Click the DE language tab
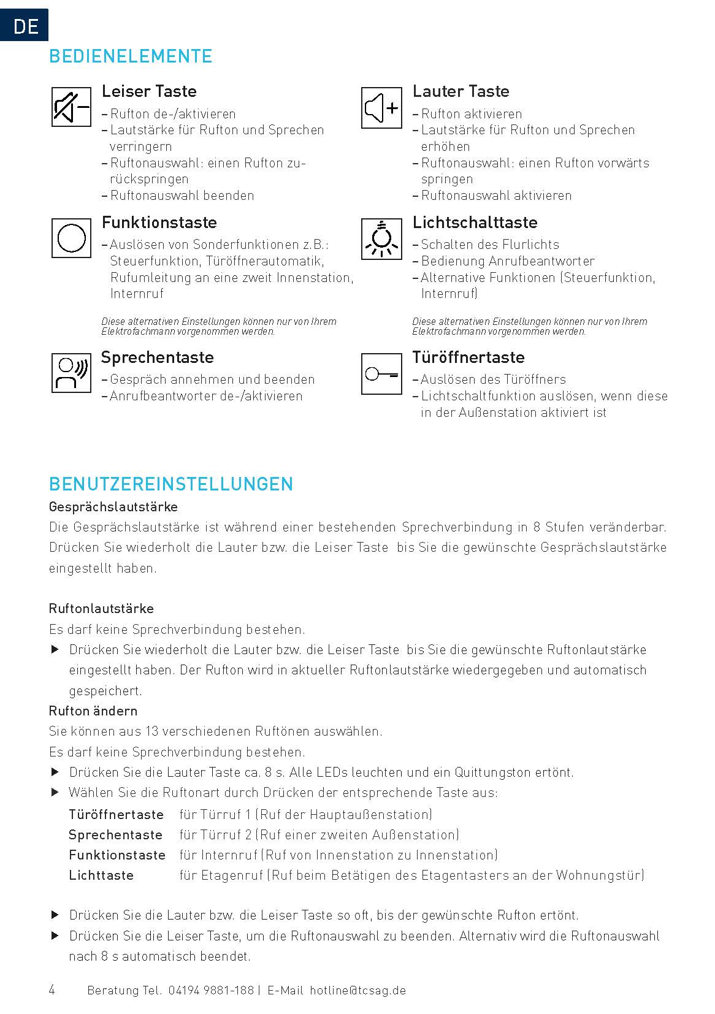click(x=25, y=25)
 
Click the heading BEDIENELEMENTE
click(x=131, y=56)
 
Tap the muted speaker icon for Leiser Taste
click(x=71, y=107)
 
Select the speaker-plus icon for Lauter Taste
click(x=381, y=108)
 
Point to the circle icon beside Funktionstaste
click(x=71, y=238)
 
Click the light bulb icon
click(x=381, y=238)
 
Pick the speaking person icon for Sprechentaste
click(x=71, y=373)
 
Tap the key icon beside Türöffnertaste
click(x=381, y=373)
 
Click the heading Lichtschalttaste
click(x=475, y=222)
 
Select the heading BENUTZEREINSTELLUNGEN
click(x=171, y=484)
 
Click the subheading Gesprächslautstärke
click(x=113, y=507)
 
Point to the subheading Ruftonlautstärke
click(x=101, y=609)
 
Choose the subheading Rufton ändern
click(x=93, y=711)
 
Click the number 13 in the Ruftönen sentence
click(x=151, y=731)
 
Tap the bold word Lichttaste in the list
click(x=101, y=875)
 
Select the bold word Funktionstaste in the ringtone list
click(x=117, y=855)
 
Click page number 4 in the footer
click(x=52, y=990)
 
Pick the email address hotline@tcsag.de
click(x=358, y=991)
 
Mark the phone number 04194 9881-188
click(x=210, y=991)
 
